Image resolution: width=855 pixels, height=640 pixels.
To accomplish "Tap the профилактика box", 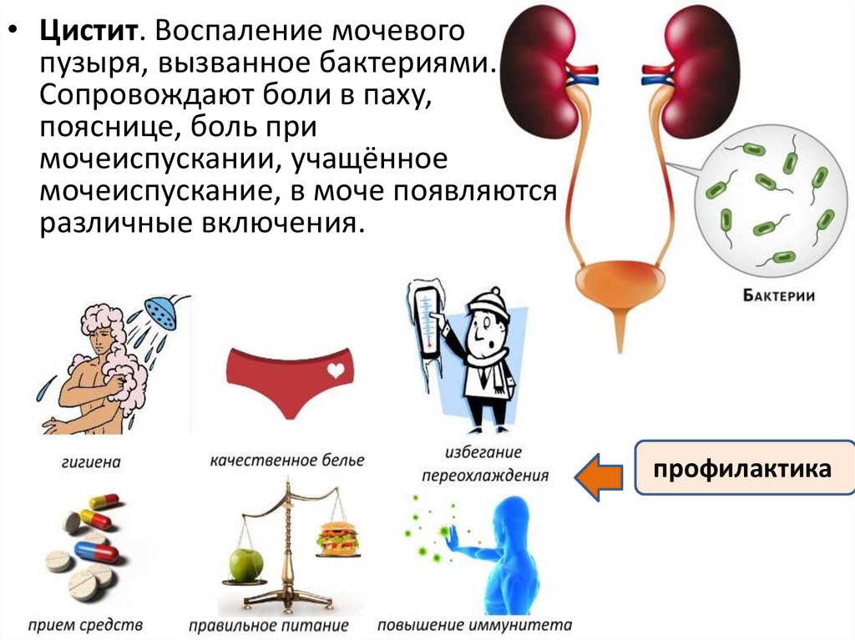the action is coord(742,468).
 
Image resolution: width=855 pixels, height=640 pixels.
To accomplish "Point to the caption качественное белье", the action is coord(287,460).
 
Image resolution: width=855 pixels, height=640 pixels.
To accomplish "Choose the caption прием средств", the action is coord(84,624).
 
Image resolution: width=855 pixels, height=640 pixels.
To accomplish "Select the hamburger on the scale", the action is coord(336,538).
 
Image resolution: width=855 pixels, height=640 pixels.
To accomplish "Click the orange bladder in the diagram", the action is coord(618,287).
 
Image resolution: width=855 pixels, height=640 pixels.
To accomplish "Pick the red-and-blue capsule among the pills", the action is coord(97,551).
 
